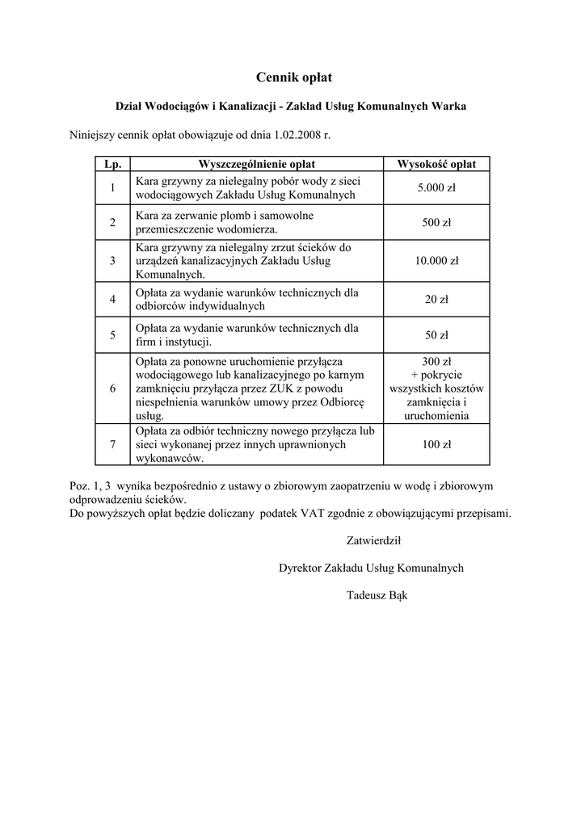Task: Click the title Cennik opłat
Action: coord(293,78)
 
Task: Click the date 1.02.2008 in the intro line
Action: coord(298,135)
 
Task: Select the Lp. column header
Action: coord(112,164)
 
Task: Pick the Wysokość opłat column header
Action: coord(436,164)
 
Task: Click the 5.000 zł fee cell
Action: coord(436,188)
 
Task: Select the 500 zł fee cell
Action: coord(436,222)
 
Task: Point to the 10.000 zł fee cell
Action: coord(436,261)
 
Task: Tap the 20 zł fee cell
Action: coord(436,300)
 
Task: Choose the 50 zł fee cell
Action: coord(436,335)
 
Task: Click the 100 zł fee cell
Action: coord(436,444)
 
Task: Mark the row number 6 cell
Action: coord(112,388)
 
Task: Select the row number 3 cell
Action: coord(112,261)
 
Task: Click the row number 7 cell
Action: coord(112,444)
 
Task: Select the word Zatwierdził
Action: coord(373,541)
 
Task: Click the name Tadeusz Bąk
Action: coord(378,596)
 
